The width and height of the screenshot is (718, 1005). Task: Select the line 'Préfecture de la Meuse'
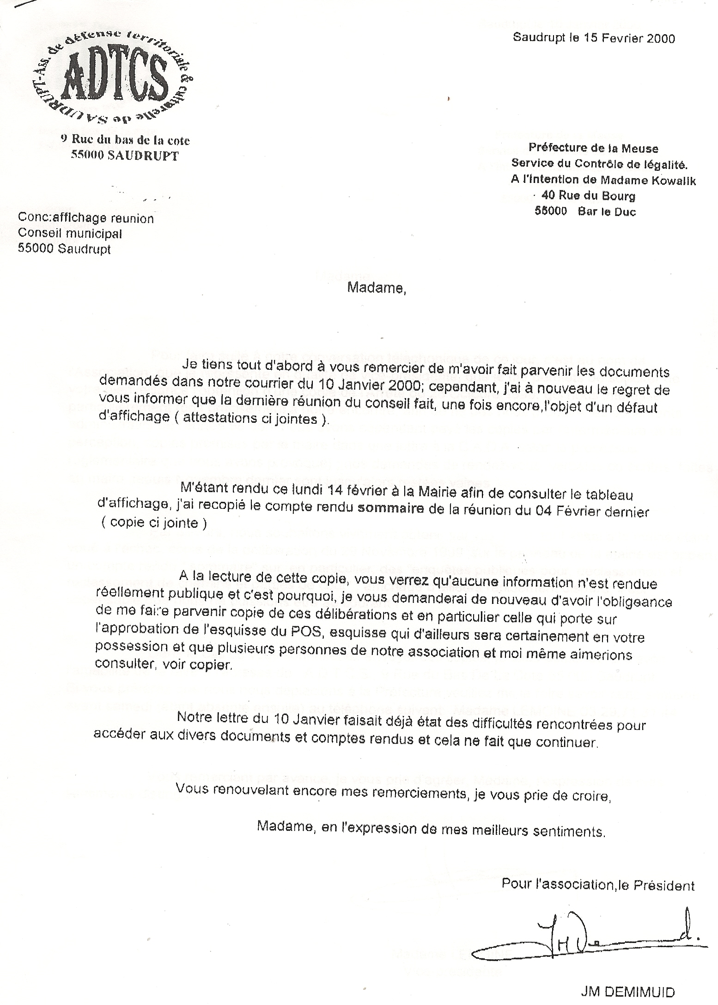click(593, 148)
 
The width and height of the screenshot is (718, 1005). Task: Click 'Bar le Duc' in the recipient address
click(606, 212)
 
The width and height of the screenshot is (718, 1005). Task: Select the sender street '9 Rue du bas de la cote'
click(125, 140)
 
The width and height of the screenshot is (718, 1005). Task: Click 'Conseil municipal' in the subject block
click(70, 234)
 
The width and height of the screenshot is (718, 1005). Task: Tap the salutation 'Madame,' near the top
click(377, 288)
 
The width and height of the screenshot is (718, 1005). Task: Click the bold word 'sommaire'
click(391, 509)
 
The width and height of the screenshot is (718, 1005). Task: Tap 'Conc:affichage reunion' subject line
click(85, 218)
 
